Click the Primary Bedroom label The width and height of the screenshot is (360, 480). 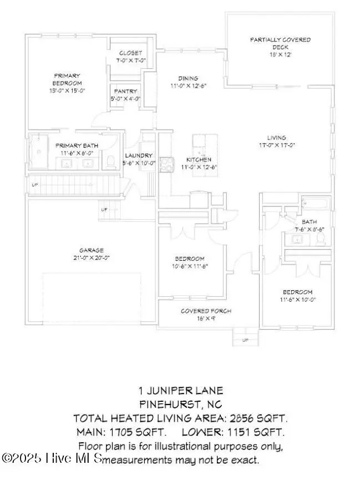67,79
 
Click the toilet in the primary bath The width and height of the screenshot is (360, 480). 110,162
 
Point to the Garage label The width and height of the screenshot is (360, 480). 91,250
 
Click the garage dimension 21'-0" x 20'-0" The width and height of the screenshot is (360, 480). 91,258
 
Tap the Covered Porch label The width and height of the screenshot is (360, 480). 206,311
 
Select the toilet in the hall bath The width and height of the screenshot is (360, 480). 320,238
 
